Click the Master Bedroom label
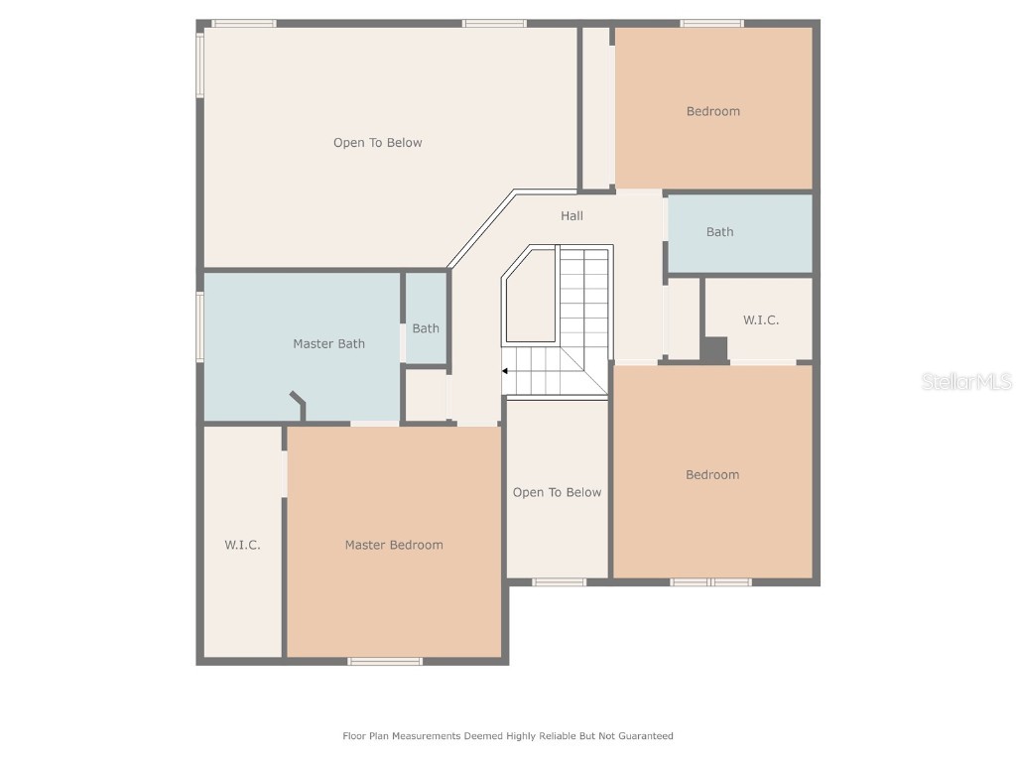394,545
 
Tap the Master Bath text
328,344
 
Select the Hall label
571,216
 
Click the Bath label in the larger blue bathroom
719,232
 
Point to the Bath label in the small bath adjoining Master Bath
426,328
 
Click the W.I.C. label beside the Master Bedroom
242,545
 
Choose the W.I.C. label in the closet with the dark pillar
761,320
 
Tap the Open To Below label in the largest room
377,143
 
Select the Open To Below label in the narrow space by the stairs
557,493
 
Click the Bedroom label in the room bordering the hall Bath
712,111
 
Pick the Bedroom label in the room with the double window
711,475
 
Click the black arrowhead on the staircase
505,371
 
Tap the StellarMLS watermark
965,381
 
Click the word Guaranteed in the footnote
646,736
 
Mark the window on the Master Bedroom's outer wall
385,661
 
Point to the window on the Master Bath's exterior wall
199,326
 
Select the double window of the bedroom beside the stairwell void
710,582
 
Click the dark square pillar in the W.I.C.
714,349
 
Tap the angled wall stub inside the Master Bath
299,405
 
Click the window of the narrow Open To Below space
560,582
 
